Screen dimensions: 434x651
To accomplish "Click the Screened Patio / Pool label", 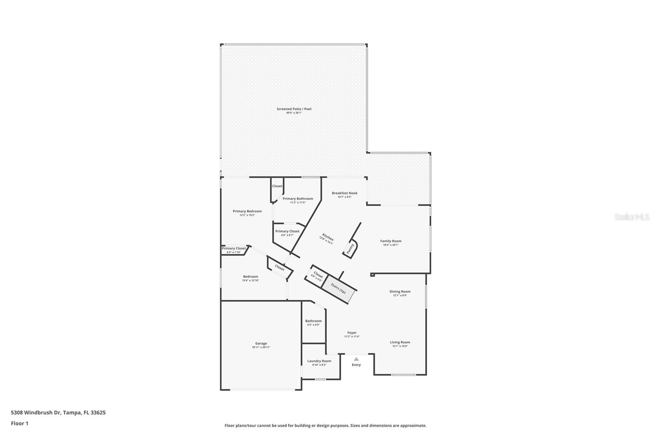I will pos(294,109).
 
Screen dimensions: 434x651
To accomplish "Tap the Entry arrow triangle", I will pos(356,359).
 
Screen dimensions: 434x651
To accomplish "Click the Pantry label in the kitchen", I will pos(350,248).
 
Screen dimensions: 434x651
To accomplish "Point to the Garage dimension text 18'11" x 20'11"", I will pos(261,347).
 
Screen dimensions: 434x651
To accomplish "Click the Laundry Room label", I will pos(319,361).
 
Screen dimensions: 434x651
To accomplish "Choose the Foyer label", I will pos(352,333).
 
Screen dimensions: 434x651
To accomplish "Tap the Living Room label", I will pos(400,342).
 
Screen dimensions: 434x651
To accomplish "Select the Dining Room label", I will pos(400,291).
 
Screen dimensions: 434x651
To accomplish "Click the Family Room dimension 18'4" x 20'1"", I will pos(391,245).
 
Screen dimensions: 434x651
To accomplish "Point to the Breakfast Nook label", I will pos(345,193).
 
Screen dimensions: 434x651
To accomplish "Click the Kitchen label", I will pos(328,237).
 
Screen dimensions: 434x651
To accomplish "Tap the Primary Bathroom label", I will pos(298,199).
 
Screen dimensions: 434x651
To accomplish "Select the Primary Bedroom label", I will pos(247,211).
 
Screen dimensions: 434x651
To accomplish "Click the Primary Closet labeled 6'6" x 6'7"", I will pos(287,231).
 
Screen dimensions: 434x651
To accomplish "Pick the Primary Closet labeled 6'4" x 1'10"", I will pos(234,248).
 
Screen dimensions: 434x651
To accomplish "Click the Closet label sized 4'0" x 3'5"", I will pos(318,276).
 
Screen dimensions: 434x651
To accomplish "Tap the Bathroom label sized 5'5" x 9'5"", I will pos(313,321).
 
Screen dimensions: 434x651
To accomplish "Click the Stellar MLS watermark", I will pos(631,217).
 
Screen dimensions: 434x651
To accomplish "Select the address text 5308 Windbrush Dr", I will pos(36,412).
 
